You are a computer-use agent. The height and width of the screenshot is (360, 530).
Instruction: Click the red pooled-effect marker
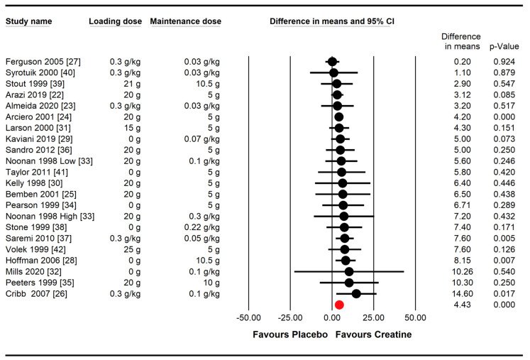[339, 305]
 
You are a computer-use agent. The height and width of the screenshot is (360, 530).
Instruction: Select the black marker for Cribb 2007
[356, 294]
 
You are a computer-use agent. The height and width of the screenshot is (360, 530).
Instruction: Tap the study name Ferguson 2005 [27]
[43, 62]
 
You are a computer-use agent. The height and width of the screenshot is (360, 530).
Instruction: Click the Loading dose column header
[115, 21]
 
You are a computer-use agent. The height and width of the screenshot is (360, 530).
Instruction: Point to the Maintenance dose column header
[186, 21]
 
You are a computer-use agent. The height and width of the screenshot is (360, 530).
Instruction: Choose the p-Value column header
[504, 47]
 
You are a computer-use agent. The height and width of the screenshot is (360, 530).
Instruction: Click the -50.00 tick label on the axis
[248, 317]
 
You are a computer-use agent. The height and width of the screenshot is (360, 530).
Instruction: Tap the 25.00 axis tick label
[373, 317]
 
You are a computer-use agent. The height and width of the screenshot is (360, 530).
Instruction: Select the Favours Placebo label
[290, 334]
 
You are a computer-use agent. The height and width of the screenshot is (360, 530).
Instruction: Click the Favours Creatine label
[373, 334]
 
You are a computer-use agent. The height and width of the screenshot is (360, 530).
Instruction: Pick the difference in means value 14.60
[463, 294]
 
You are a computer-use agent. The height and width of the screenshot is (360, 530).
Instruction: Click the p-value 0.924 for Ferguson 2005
[504, 62]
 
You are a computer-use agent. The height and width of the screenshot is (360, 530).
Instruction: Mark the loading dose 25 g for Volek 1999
[132, 249]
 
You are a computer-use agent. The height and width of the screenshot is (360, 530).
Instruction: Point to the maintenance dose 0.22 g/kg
[201, 227]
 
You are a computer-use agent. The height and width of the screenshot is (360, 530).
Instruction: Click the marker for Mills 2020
[349, 271]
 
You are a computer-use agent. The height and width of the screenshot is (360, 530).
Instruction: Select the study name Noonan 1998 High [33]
[50, 216]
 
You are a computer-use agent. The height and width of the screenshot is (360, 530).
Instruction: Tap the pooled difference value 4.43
[463, 305]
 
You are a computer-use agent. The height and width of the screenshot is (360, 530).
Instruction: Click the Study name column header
[28, 21]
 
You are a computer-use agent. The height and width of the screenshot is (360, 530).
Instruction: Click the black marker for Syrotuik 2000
[333, 72]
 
